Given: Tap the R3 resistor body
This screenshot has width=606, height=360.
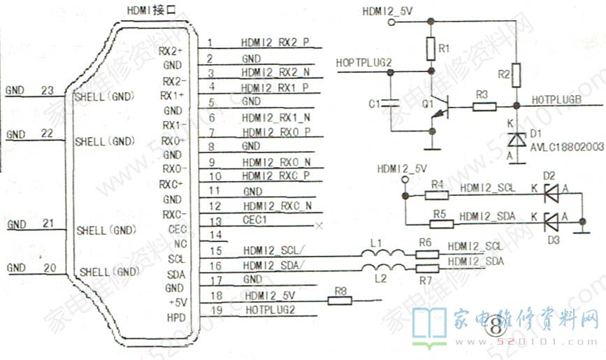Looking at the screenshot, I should (x=484, y=107).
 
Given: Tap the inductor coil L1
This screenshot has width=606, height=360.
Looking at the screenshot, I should (x=380, y=254).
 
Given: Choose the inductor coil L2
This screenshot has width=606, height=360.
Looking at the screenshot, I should (x=380, y=267).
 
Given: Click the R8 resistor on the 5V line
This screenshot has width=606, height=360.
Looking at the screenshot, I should (x=340, y=301).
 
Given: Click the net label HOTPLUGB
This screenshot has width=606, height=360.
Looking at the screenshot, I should (x=556, y=100).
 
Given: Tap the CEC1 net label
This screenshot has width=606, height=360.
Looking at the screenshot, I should (x=256, y=220).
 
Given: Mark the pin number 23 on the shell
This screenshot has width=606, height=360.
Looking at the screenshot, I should (x=48, y=91).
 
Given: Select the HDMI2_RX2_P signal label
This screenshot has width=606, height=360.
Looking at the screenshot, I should (x=275, y=43).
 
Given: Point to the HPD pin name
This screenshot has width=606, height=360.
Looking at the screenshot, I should (x=175, y=317).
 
